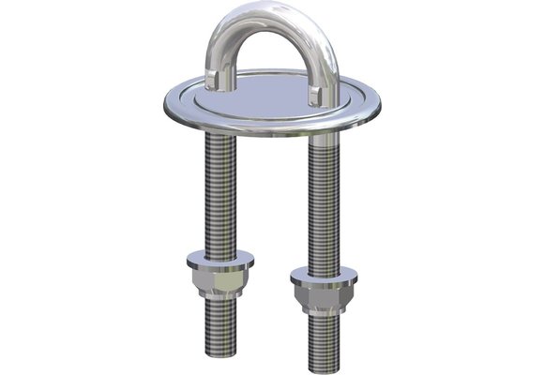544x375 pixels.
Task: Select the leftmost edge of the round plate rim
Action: pyautogui.click(x=161, y=101)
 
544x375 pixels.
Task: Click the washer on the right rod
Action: pyautogui.click(x=324, y=277)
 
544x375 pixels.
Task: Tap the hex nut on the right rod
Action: pyautogui.click(x=324, y=298)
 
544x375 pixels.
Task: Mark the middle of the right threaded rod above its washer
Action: pyautogui.click(x=324, y=206)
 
